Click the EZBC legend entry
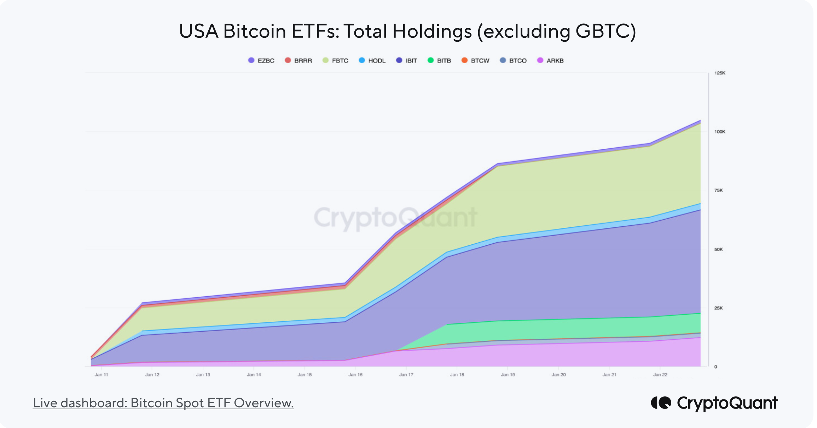coord(262,61)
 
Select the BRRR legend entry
coord(299,61)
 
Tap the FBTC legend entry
coord(336,61)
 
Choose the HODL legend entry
coord(372,61)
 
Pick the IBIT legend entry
coord(407,61)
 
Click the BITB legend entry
coord(440,61)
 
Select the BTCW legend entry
coord(476,61)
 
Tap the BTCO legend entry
coord(514,61)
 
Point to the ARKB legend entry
coord(551,61)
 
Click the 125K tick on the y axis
coord(720,73)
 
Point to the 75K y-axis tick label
coord(718,190)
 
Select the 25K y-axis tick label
coord(718,308)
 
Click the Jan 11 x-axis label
coord(102,375)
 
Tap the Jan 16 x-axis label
coord(355,375)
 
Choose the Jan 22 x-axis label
coord(660,375)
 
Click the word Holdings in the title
coord(432,32)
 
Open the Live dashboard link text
coord(163,403)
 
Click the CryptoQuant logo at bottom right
coord(714,403)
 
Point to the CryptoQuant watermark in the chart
coord(395,218)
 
